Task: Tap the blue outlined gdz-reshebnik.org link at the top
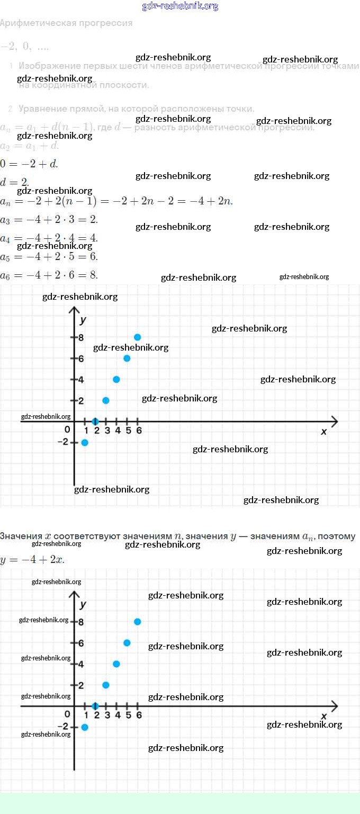click(x=180, y=6)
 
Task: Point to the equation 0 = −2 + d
click(x=29, y=164)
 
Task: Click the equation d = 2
click(x=14, y=182)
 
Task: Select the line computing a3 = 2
click(x=49, y=220)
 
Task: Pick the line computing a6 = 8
click(x=49, y=274)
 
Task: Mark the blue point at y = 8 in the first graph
click(x=137, y=337)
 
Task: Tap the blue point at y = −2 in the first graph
click(x=85, y=442)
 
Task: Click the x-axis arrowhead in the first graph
click(x=334, y=422)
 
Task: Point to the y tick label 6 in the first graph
click(x=82, y=359)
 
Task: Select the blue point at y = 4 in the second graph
click(x=116, y=664)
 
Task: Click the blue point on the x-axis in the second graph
click(x=95, y=706)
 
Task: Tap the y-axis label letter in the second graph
click(x=83, y=604)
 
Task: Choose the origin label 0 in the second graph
click(x=67, y=714)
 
